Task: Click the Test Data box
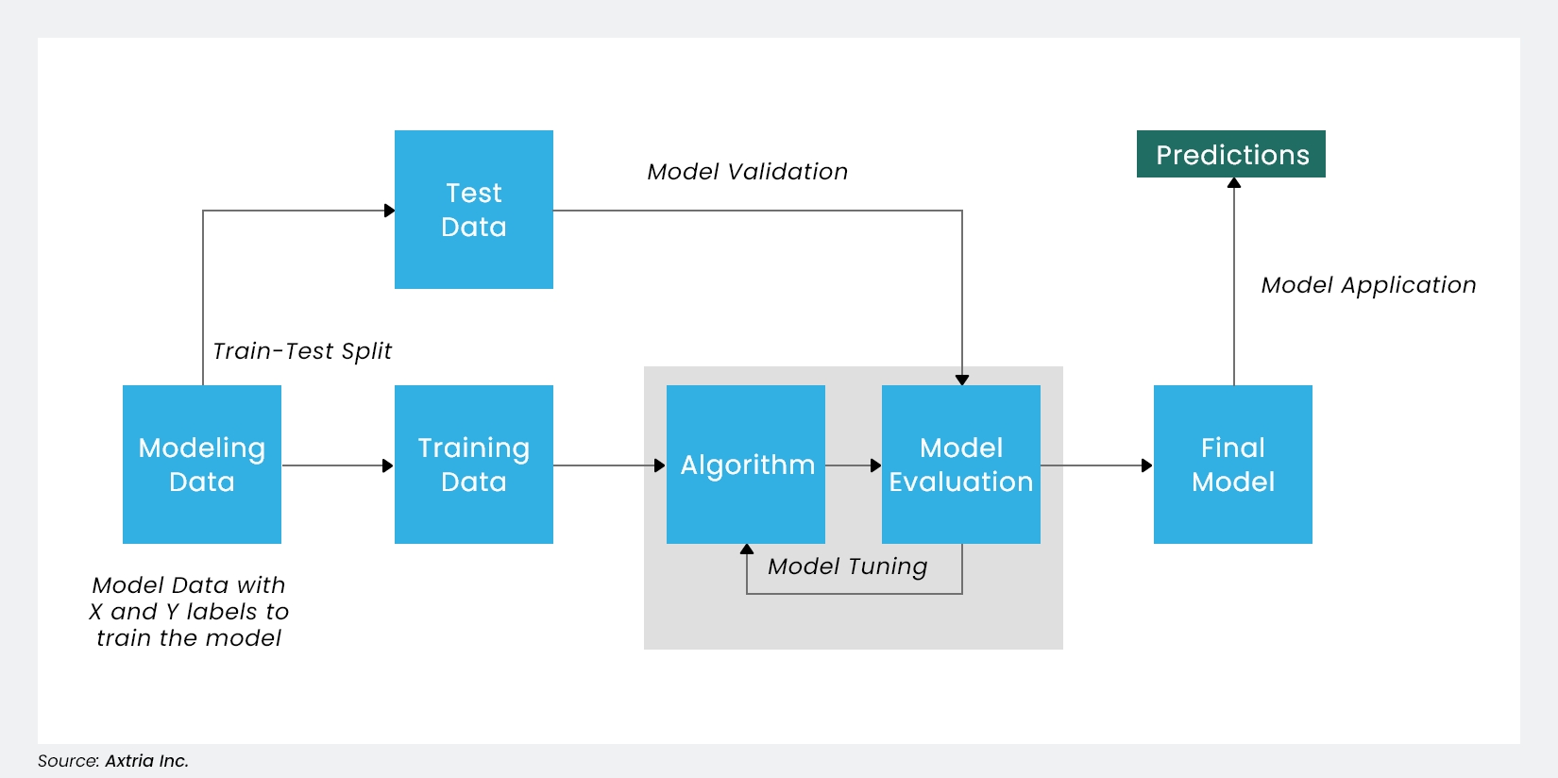pos(473,210)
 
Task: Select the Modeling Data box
pos(201,464)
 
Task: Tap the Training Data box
pos(473,464)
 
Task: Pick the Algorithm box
pos(745,464)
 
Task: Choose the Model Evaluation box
pos(960,464)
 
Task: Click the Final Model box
pos(1232,464)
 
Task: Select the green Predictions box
pos(1230,154)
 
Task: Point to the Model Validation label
pos(747,172)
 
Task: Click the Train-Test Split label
pos(301,351)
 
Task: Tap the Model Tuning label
pos(847,567)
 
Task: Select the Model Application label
pos(1368,285)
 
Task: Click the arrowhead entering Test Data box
pos(389,211)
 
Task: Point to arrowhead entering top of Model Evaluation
pos(961,380)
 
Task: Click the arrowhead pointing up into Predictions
pos(1233,183)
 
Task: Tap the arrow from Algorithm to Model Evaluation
pos(853,465)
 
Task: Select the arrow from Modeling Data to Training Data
pos(337,465)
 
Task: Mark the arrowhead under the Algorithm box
pos(747,550)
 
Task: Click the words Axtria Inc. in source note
pos(146,761)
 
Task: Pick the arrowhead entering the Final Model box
pos(1146,465)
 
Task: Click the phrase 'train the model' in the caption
pos(189,638)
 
